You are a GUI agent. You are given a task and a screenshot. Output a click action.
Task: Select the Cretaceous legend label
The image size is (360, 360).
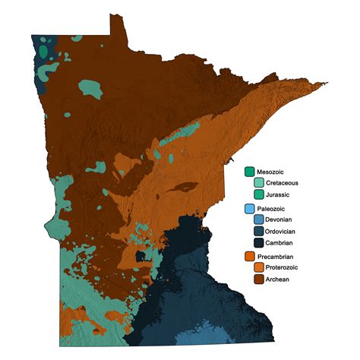(x=283, y=183)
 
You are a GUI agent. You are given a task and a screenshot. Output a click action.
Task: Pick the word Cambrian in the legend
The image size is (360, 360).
(x=281, y=243)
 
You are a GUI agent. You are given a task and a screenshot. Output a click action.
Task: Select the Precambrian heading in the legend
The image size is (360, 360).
(x=277, y=256)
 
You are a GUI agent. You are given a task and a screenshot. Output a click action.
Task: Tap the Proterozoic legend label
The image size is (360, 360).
(x=284, y=267)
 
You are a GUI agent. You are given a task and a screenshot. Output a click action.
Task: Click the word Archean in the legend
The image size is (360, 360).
(x=279, y=279)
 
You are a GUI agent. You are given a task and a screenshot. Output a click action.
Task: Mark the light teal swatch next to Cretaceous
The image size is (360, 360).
(x=258, y=183)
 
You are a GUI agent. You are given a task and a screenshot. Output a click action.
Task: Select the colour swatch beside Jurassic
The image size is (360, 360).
(x=258, y=194)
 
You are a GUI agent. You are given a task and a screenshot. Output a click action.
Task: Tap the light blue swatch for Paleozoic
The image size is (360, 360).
(x=249, y=207)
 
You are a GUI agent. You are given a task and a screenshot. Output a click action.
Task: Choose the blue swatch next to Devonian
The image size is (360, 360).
(x=258, y=219)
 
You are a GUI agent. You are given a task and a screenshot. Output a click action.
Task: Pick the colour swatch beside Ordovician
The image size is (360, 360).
(x=258, y=231)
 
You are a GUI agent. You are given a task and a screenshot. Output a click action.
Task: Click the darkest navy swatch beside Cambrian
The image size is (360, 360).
(x=258, y=243)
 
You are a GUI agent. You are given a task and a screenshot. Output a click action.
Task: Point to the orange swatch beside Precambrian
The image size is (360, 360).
(x=249, y=256)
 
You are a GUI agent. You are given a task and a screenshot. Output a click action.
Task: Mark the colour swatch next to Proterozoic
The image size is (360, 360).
(x=258, y=267)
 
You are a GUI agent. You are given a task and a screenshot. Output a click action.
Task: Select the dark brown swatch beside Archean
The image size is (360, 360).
(x=258, y=279)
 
